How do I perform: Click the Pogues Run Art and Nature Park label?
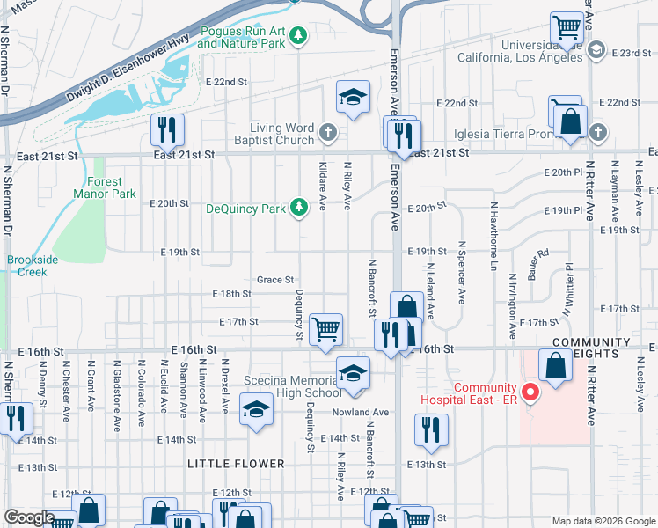(x=243, y=36)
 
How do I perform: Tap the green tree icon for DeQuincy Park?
(x=299, y=208)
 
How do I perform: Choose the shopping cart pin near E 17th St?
(x=325, y=330)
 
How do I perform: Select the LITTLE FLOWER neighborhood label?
(x=236, y=464)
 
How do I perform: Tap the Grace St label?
(x=274, y=280)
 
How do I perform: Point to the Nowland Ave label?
(x=360, y=412)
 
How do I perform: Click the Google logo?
(x=28, y=518)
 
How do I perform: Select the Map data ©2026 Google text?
(x=603, y=521)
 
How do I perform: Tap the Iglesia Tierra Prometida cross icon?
(x=597, y=133)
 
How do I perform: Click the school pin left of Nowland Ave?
(x=257, y=412)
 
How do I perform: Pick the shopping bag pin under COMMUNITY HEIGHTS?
(x=556, y=365)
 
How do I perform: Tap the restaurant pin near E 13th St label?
(x=430, y=430)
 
